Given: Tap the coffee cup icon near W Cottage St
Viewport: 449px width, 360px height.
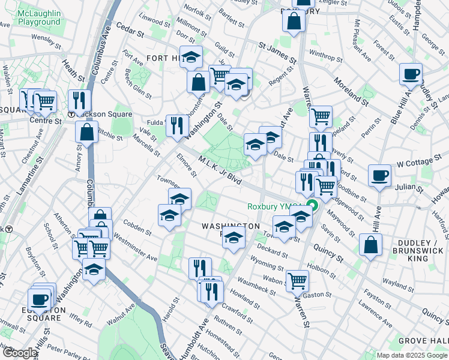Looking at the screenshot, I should (379, 176).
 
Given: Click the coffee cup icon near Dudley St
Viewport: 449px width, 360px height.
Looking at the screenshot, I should (411, 74).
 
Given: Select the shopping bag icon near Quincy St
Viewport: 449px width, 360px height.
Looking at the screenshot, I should (371, 244).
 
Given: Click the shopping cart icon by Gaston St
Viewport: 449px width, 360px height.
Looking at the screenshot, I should (297, 280).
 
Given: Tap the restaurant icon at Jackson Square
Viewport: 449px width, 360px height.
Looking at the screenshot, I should (79, 100).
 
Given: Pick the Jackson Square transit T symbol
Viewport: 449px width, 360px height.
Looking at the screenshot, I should (71, 114).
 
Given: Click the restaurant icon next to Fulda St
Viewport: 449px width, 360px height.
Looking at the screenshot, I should (176, 125).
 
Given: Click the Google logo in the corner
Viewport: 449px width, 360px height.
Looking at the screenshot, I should (19, 353).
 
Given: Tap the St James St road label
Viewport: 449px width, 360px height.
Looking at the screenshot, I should (278, 52).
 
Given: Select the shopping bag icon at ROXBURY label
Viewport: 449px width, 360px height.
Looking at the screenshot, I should (294, 22).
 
